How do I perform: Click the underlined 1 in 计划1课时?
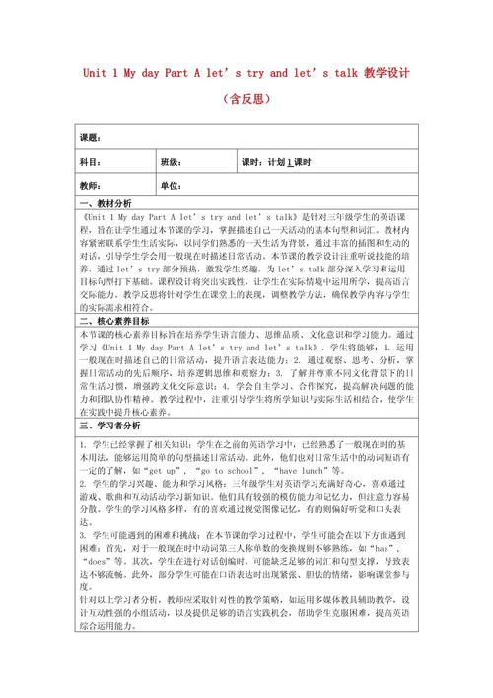290,162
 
